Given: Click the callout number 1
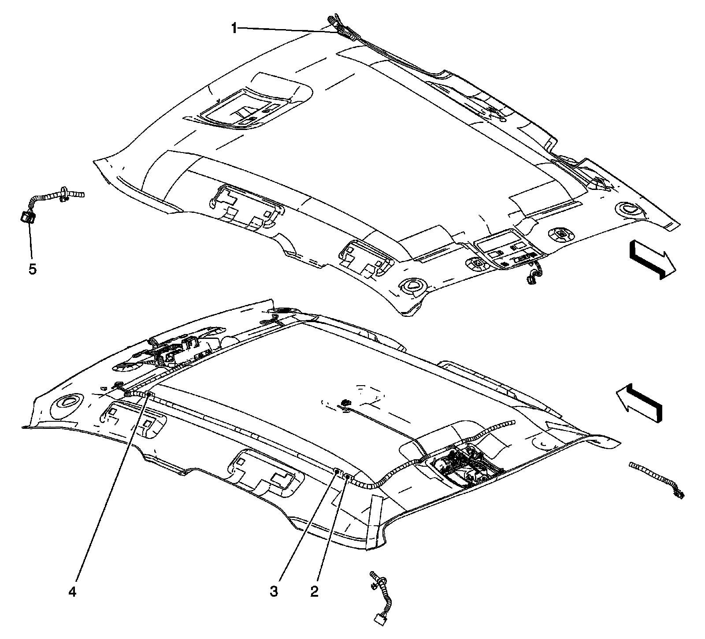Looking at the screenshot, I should (234, 29).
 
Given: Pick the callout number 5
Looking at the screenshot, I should (33, 268).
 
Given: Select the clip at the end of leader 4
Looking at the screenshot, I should (148, 394).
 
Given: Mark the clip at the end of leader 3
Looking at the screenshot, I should (337, 471).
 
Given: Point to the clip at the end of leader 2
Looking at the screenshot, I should (347, 476).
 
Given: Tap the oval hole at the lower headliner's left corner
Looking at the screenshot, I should (68, 400).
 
